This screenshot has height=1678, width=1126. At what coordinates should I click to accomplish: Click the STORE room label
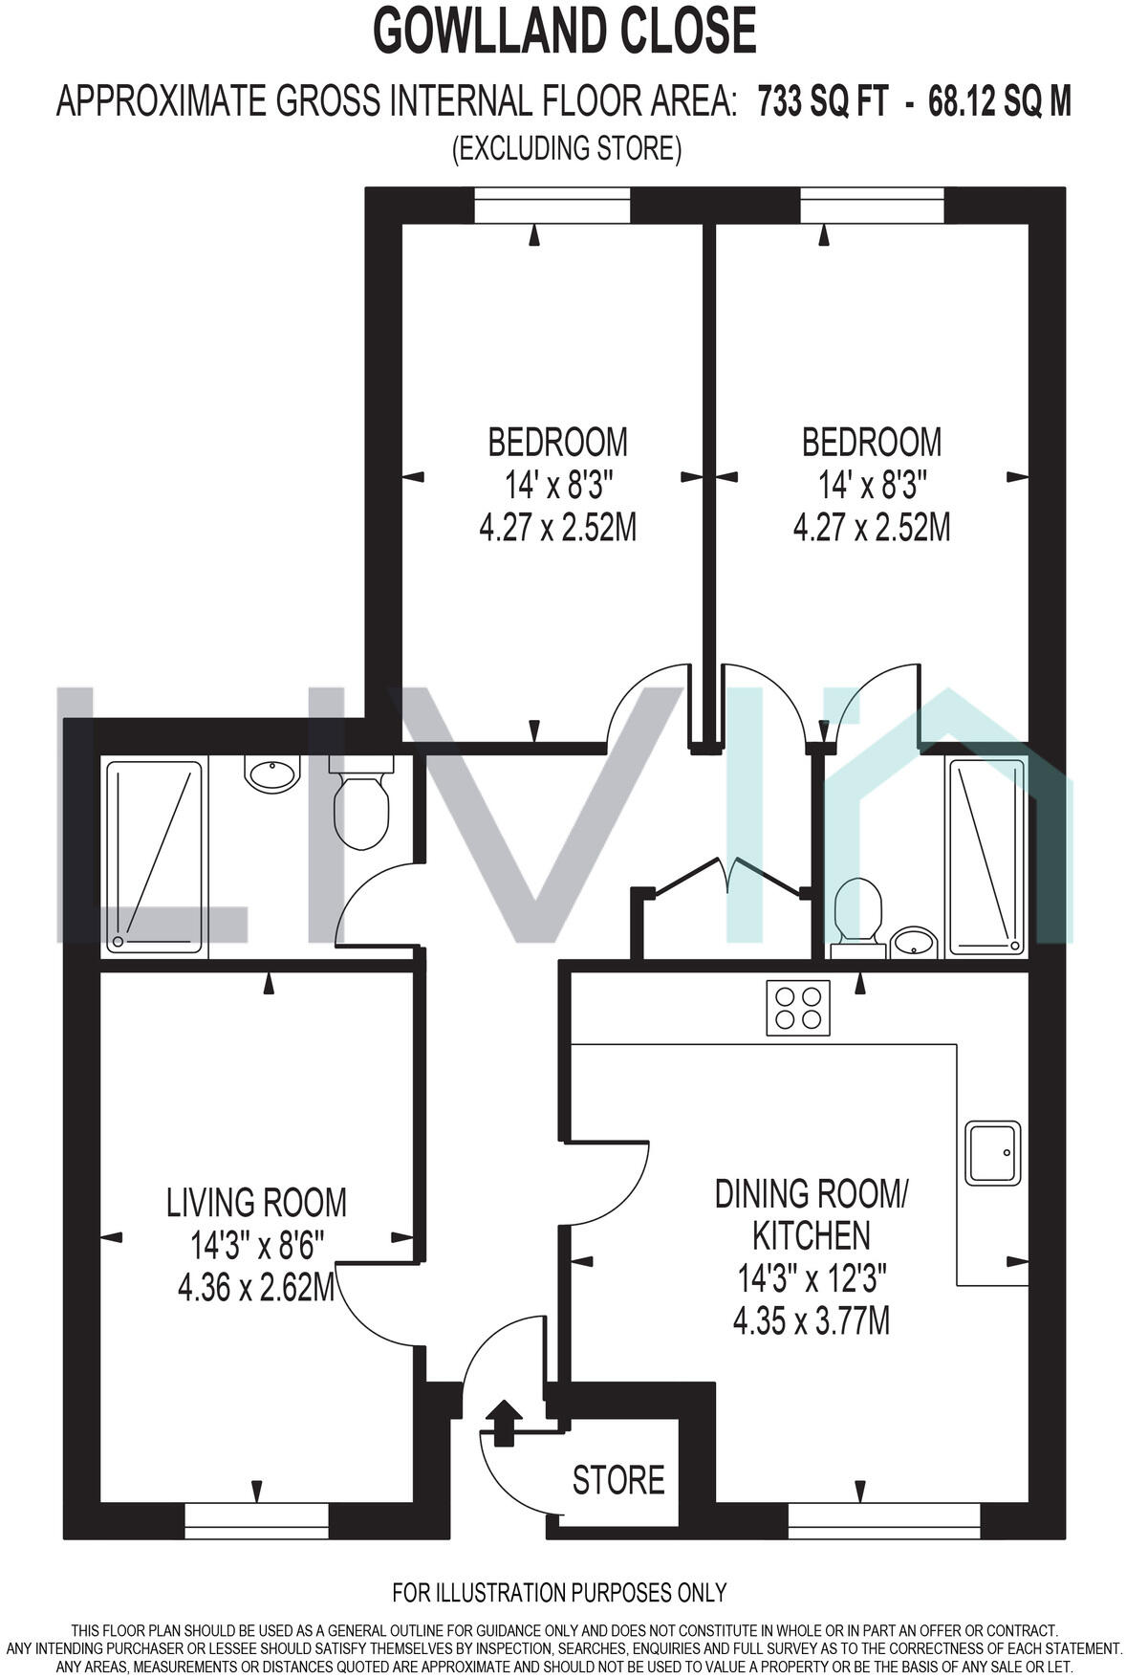617,1479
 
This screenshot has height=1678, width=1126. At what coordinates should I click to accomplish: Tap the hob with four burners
797,1008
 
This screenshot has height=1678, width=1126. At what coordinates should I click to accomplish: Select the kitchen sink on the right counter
993,1151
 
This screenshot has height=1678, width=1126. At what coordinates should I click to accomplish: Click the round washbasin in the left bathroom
273,772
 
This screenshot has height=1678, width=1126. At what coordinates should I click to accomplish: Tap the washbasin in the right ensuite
914,941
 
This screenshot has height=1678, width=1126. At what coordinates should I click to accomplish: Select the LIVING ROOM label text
256,1202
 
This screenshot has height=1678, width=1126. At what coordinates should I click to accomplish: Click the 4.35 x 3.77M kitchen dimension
811,1320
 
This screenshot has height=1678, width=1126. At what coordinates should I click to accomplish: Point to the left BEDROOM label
557,442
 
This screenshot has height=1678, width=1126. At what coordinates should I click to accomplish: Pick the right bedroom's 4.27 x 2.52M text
871,527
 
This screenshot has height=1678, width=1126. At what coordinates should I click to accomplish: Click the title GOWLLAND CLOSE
564,31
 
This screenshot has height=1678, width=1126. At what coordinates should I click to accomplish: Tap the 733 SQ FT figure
823,100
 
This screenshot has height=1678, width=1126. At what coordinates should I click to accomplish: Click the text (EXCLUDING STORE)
566,148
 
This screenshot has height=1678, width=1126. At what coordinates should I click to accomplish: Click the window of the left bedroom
552,206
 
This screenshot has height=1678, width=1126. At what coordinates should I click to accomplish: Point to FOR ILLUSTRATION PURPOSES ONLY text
559,1593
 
